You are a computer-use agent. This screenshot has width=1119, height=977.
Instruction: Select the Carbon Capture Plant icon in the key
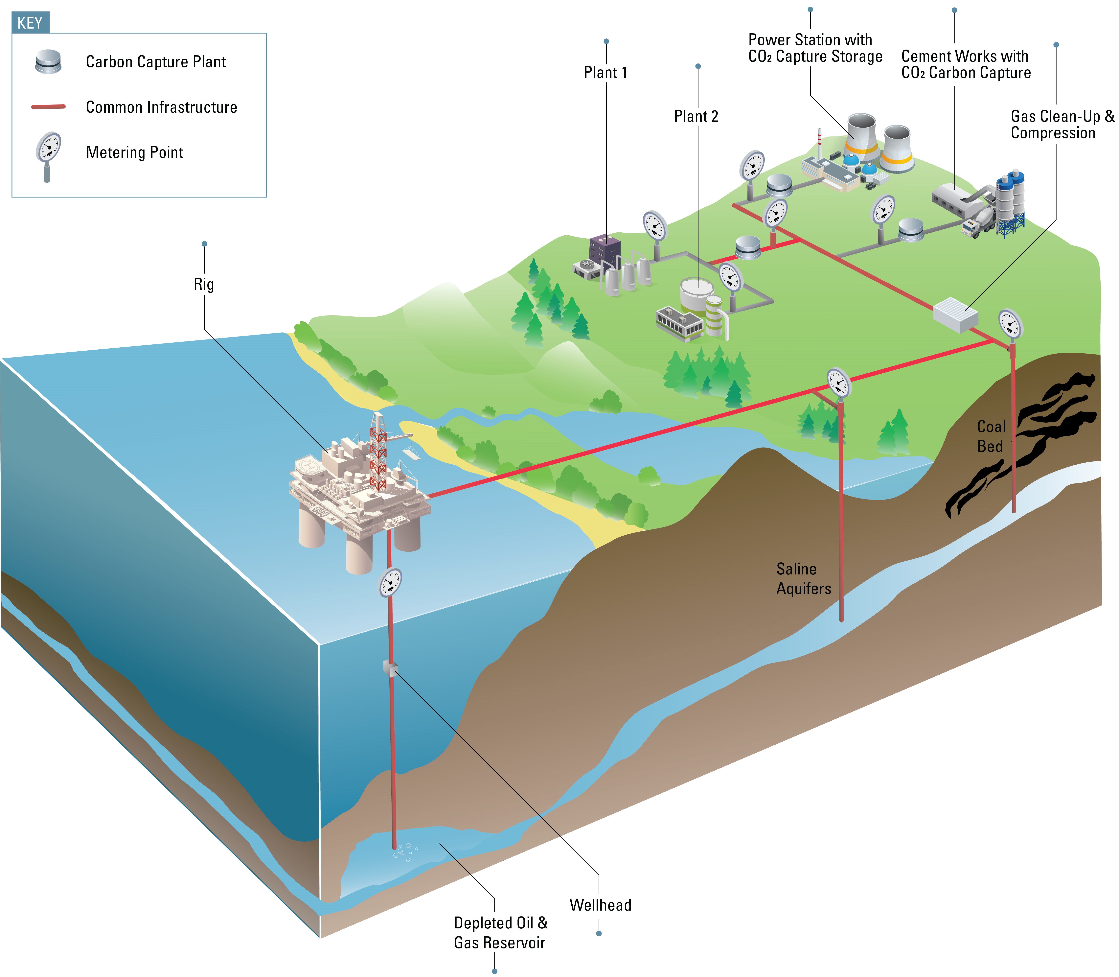pyautogui.click(x=48, y=62)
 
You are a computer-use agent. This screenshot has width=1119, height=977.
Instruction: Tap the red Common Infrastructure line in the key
pyautogui.click(x=49, y=107)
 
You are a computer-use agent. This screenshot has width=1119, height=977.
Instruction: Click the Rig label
pyautogui.click(x=204, y=284)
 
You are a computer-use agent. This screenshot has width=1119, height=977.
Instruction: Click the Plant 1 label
pyautogui.click(x=605, y=73)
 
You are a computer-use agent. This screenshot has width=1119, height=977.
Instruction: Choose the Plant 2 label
pyautogui.click(x=696, y=116)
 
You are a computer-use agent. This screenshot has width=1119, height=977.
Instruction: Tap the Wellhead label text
pyautogui.click(x=600, y=905)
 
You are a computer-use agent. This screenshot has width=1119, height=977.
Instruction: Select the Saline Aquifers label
pyautogui.click(x=803, y=578)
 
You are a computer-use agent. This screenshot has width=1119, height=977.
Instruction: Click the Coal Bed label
pyautogui.click(x=990, y=436)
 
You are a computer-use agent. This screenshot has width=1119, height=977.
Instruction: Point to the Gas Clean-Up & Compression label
pyautogui.click(x=1062, y=124)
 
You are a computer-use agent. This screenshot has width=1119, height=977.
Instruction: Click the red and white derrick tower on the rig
pyautogui.click(x=378, y=453)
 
